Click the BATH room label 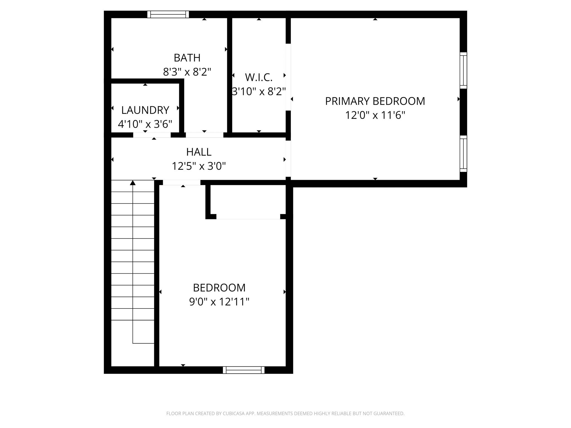187,58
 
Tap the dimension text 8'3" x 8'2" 187,72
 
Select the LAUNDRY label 145,110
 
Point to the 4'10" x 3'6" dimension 145,124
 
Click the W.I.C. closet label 259,77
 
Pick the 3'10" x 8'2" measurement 259,91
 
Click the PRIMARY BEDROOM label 375,101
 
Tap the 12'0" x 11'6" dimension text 375,115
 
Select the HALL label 199,152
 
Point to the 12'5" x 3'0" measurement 199,166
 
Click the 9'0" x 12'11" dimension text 219,302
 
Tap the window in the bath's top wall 168,14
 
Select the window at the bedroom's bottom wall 244,370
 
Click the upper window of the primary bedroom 463,70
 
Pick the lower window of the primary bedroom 463,154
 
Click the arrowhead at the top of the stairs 133,183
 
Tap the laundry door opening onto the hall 152,135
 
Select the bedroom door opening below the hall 182,183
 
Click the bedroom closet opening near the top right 248,217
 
